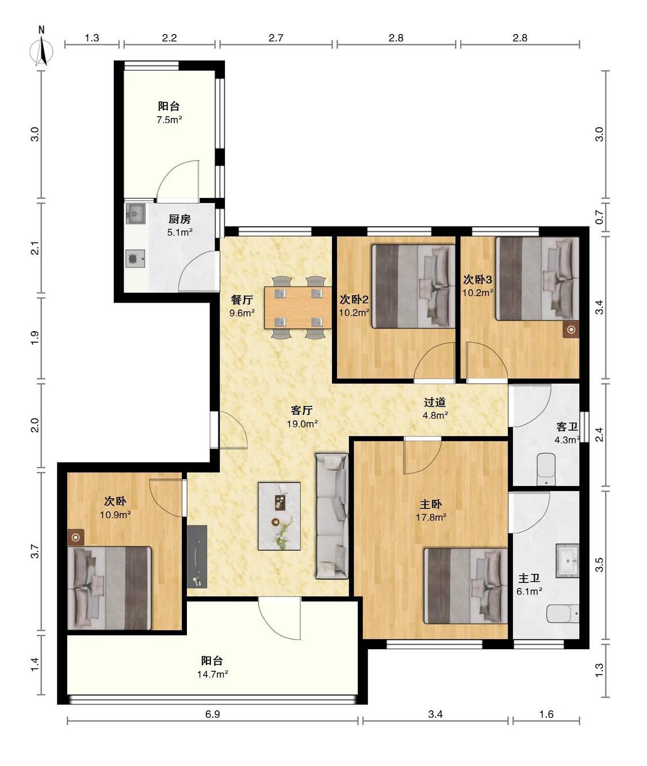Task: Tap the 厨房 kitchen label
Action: [x=179, y=219]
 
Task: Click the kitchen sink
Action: [x=135, y=213]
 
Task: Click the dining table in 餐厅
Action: [x=298, y=308]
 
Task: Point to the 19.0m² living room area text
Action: [x=302, y=424]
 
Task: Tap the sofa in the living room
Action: [x=332, y=516]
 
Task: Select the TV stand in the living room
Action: [x=197, y=557]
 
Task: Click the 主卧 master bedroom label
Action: [x=431, y=504]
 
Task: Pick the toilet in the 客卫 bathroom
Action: [x=546, y=469]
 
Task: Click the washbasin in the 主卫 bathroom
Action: [x=567, y=561]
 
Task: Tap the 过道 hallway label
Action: [x=435, y=403]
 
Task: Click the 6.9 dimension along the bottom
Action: [x=212, y=714]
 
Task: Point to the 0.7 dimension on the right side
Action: [x=599, y=217]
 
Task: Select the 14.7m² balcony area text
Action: [x=213, y=675]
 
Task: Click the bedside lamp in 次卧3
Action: [x=571, y=330]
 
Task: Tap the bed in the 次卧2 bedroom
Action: [x=414, y=286]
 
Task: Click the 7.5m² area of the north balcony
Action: [x=170, y=120]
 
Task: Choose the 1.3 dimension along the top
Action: [x=92, y=38]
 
